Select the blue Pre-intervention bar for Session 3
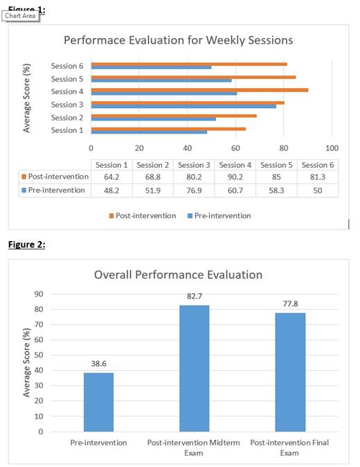tap(183, 106)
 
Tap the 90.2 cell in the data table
tap(235, 177)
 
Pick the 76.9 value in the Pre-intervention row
tap(195, 190)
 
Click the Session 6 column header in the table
tap(318, 165)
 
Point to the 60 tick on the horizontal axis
tap(235, 148)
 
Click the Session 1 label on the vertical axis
tap(67, 130)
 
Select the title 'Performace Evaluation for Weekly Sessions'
tap(178, 40)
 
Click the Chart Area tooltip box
tap(19, 16)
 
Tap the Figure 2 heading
tap(26, 245)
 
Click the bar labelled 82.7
tap(195, 368)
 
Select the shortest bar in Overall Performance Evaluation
tap(98, 402)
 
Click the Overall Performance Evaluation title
tap(179, 275)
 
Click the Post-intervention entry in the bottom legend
tap(142, 215)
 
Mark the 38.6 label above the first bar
tap(98, 363)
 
